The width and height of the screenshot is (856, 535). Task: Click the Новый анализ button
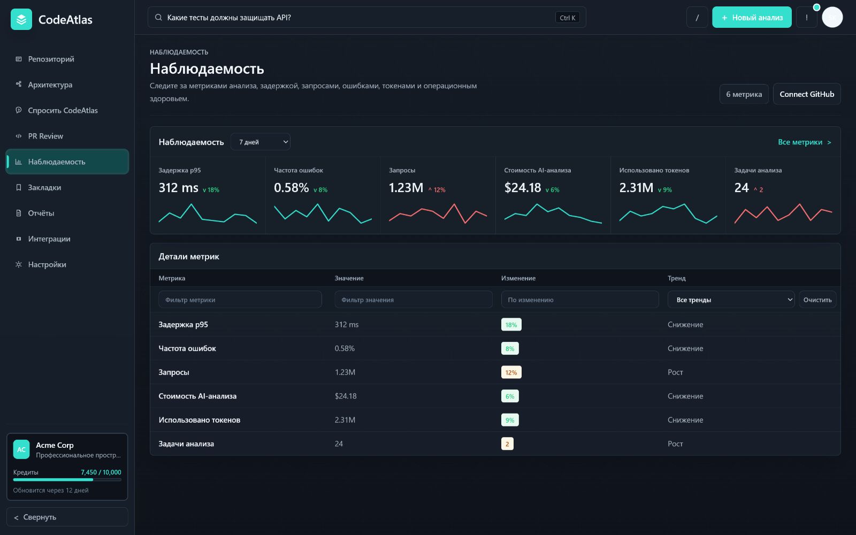click(x=752, y=17)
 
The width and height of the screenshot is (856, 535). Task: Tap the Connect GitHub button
click(x=807, y=94)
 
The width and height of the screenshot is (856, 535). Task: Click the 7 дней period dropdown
click(x=260, y=142)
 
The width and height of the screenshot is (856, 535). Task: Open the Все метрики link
click(x=805, y=142)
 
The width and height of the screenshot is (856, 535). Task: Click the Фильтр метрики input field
click(x=240, y=300)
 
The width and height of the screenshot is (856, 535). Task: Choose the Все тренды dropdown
click(x=731, y=300)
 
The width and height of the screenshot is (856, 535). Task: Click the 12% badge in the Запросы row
click(x=511, y=372)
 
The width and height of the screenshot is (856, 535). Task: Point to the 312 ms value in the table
click(x=347, y=324)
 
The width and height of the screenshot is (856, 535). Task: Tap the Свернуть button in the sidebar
click(x=67, y=517)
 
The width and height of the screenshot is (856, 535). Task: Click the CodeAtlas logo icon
click(x=21, y=19)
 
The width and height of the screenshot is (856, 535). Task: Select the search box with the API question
click(x=367, y=17)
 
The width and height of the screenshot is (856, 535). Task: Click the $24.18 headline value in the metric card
click(x=522, y=188)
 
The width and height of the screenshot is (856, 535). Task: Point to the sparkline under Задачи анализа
click(x=783, y=213)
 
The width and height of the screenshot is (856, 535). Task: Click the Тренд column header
click(x=676, y=278)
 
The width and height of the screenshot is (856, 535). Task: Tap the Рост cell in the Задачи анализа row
click(x=675, y=444)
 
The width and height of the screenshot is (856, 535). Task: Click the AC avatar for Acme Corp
click(x=21, y=449)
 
